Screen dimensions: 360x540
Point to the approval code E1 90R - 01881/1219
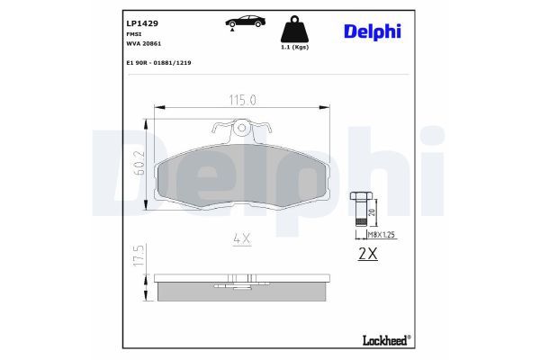click(x=158, y=63)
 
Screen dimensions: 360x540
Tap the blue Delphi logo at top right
click(x=371, y=31)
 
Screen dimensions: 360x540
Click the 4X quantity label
click(x=240, y=238)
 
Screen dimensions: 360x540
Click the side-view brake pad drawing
click(x=240, y=287)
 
